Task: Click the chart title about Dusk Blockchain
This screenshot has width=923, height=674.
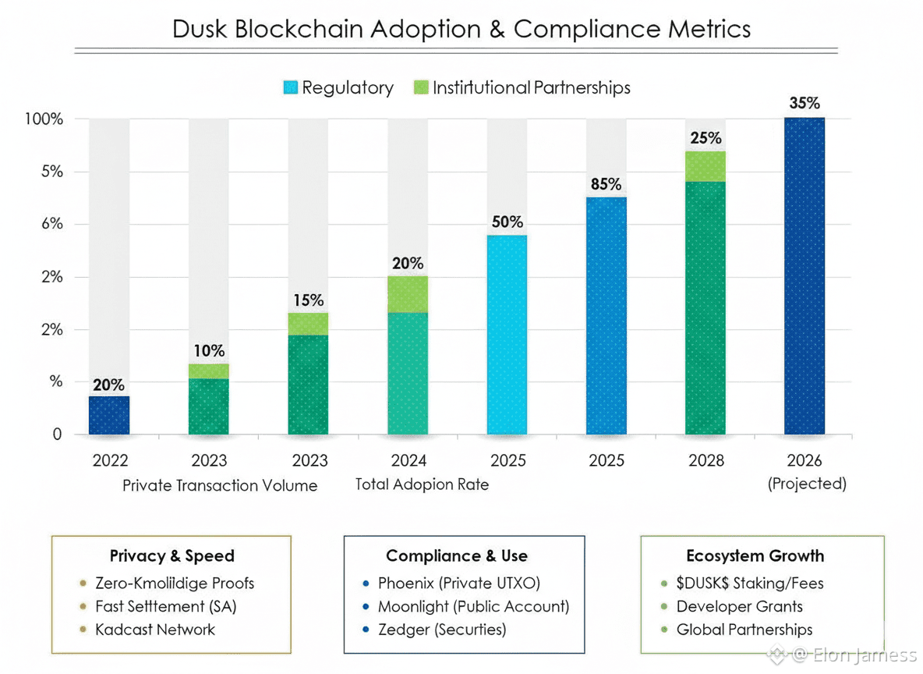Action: (x=461, y=29)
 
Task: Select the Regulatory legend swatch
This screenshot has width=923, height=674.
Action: (x=290, y=87)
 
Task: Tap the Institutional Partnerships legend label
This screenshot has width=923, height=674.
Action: (x=531, y=87)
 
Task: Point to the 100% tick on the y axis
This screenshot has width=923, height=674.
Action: (x=44, y=119)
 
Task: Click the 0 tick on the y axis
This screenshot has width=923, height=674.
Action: (x=57, y=435)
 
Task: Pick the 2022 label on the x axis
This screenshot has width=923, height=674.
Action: (x=109, y=460)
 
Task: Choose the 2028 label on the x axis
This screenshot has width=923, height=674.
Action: (x=706, y=460)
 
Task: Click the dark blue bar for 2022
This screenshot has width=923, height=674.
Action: (x=109, y=415)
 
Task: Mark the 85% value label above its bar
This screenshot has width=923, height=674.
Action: (x=606, y=184)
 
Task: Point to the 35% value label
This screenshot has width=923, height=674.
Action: (x=804, y=103)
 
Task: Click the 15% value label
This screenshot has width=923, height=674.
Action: (x=308, y=300)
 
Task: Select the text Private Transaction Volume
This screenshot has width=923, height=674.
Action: (x=220, y=485)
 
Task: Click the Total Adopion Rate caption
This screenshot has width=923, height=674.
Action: (x=422, y=484)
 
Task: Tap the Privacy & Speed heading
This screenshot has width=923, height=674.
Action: (x=172, y=556)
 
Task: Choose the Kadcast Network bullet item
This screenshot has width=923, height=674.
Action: (x=154, y=630)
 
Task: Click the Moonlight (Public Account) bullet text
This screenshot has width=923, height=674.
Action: (x=473, y=606)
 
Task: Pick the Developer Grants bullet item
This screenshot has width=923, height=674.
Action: (x=739, y=606)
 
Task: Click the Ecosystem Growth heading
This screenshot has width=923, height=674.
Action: (x=755, y=556)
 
